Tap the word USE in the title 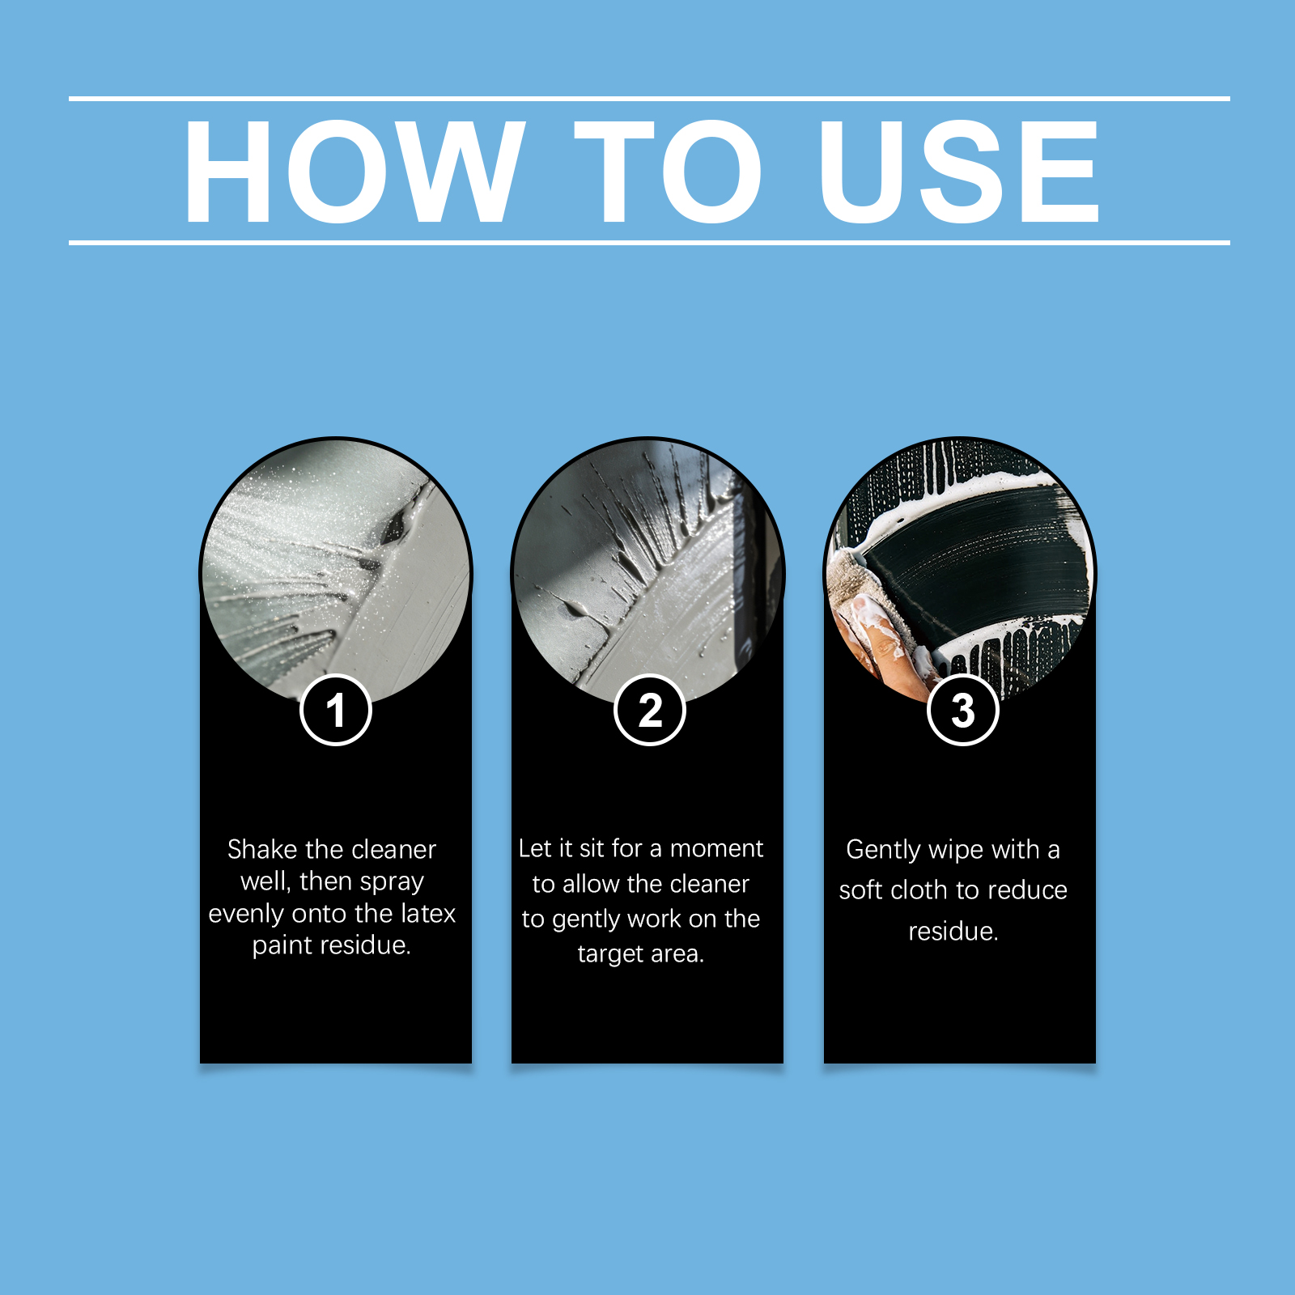pos(959,171)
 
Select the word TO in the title pos(669,171)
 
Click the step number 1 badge pos(336,710)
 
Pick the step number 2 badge pos(650,710)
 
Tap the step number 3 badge pos(963,710)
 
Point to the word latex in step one pos(429,913)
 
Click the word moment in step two pos(717,848)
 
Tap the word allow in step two pos(592,883)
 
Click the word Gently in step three pos(883,851)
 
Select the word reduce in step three pos(1026,890)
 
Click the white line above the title pos(649,99)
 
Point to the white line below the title pos(649,242)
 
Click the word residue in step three pos(953,932)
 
